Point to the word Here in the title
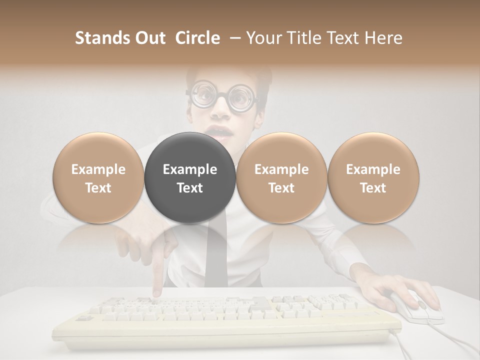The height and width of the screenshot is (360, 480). click(383, 38)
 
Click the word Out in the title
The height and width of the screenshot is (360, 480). click(150, 38)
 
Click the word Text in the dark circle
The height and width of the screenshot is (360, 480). click(189, 188)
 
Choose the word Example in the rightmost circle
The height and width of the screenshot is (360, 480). click(373, 169)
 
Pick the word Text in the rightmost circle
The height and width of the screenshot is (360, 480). click(373, 188)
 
